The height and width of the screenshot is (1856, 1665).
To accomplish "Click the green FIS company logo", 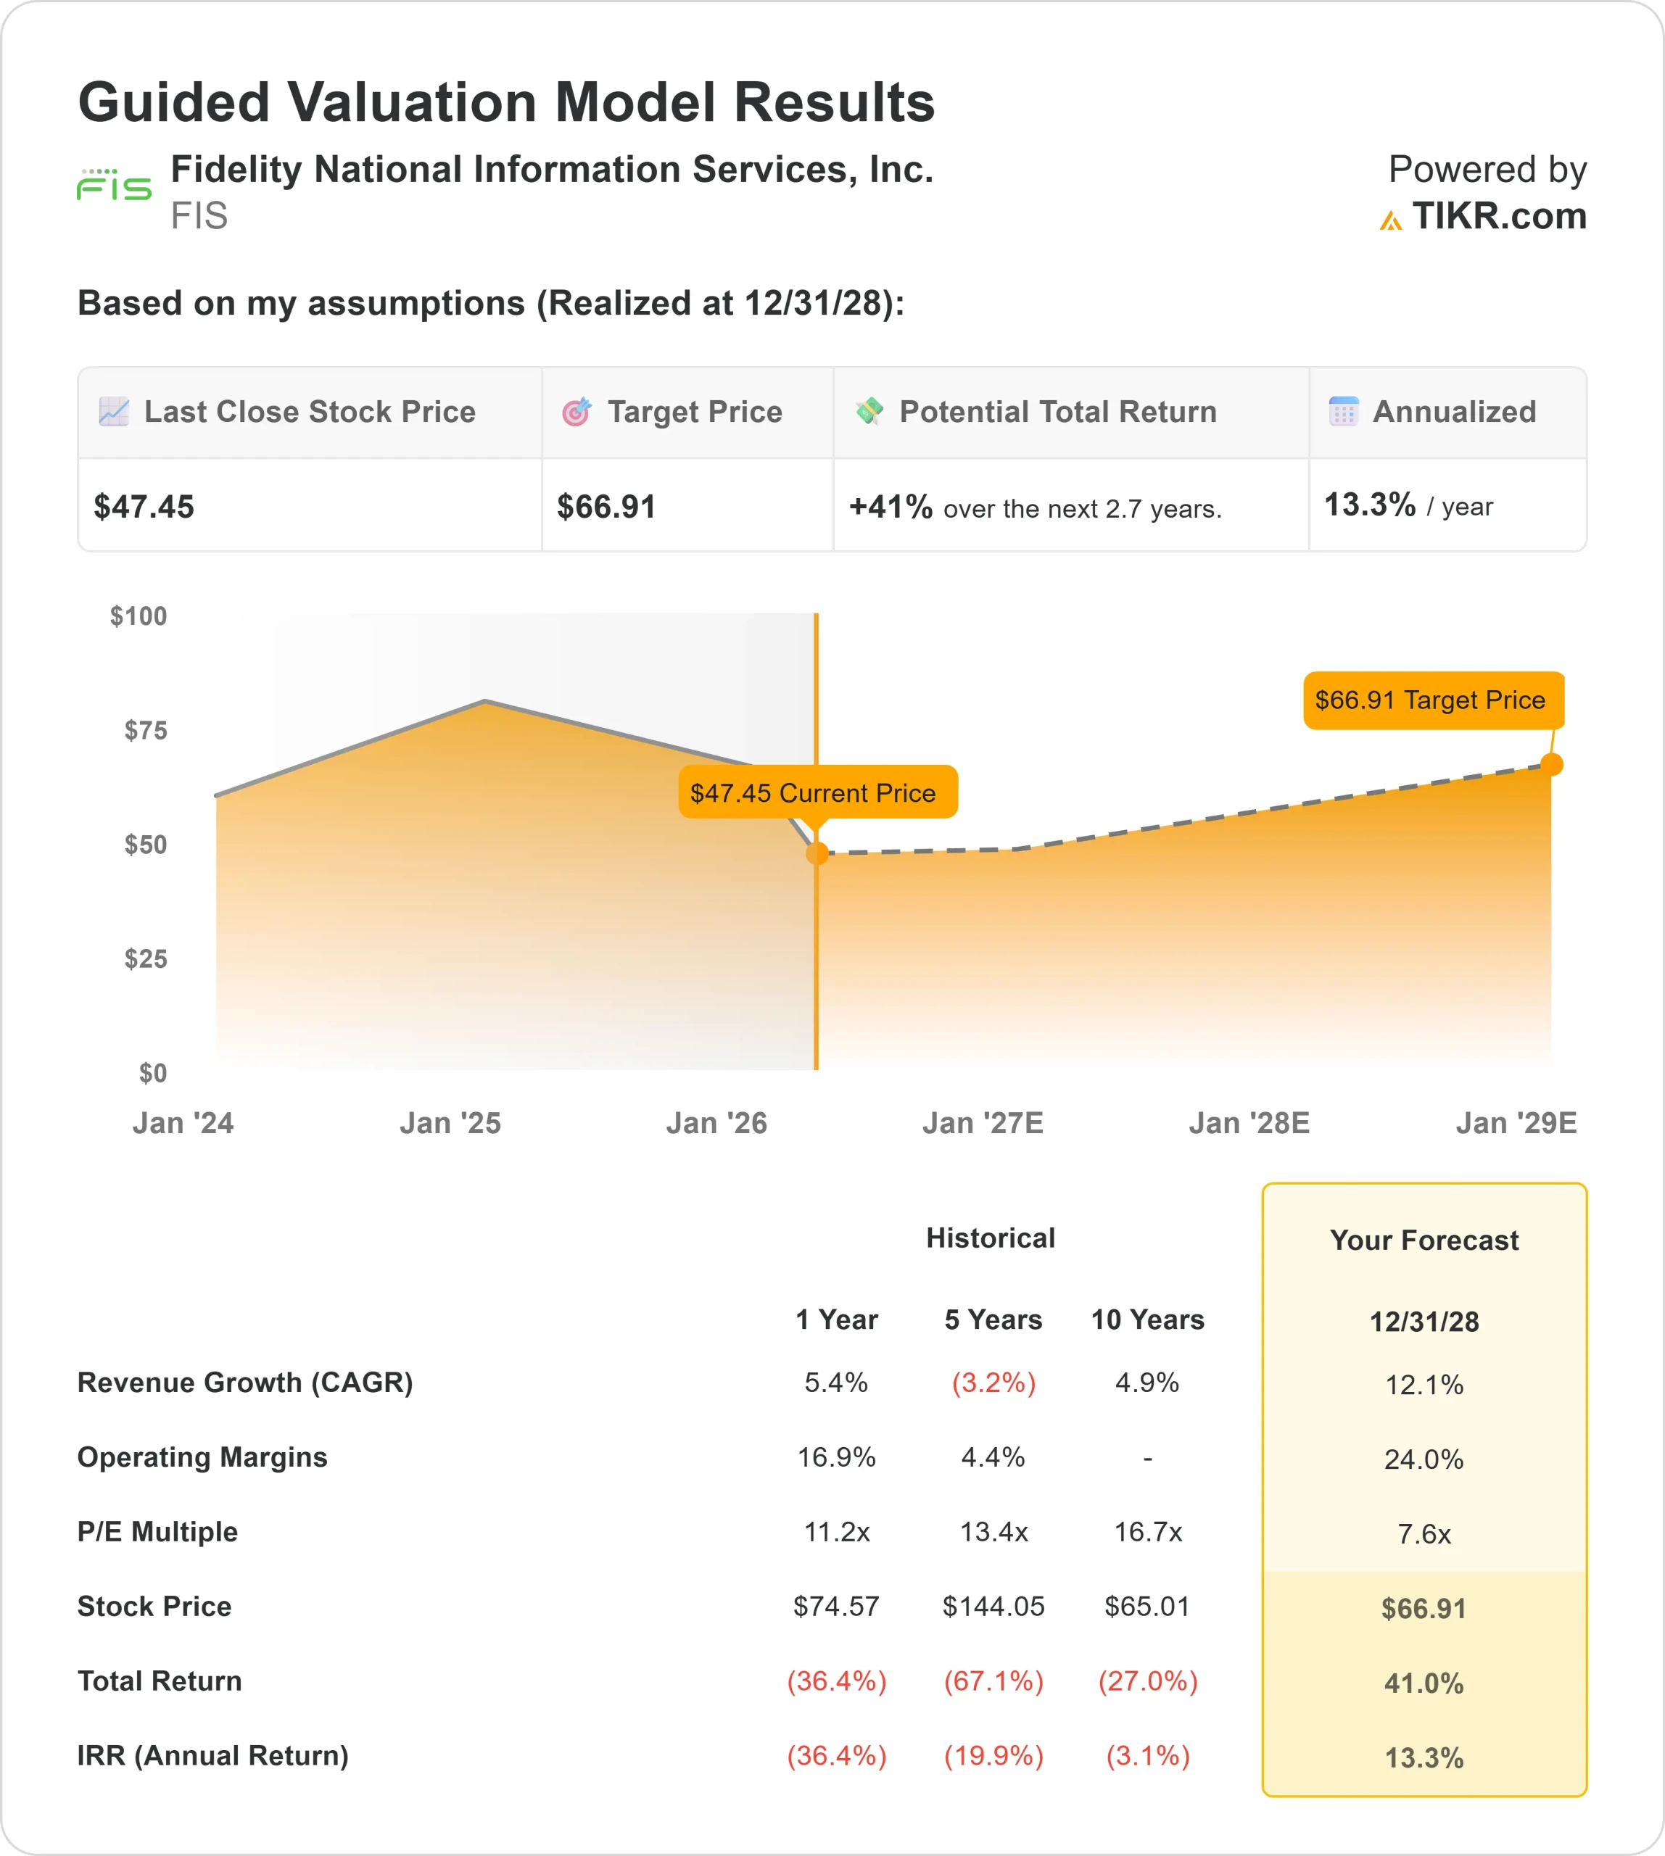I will (x=113, y=186).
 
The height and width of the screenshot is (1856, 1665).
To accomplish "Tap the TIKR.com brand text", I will (x=1497, y=217).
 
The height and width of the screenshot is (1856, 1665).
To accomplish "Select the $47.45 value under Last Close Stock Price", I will (x=144, y=507).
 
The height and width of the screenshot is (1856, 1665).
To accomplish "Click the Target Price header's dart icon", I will (x=577, y=413).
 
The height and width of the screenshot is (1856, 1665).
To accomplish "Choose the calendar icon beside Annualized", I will (x=1343, y=412).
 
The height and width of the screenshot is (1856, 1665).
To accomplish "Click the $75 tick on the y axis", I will (x=146, y=730).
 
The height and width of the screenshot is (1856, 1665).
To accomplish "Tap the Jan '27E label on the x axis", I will (x=983, y=1122).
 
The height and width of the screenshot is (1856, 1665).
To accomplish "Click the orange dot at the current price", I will (x=817, y=853).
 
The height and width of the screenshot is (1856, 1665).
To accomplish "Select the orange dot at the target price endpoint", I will (x=1552, y=764).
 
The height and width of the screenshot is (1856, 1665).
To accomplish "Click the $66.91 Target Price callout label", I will (x=1433, y=700).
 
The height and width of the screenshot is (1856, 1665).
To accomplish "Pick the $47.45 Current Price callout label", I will (x=817, y=792).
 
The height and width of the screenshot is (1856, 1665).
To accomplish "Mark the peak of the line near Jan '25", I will (x=485, y=702).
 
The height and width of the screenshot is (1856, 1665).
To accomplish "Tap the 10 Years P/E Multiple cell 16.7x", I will (x=1147, y=1531).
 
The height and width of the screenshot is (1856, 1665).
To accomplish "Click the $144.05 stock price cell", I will (x=993, y=1607).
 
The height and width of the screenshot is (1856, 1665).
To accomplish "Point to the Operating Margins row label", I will (x=202, y=1457).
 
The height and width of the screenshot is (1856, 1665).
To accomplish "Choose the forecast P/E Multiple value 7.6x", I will (x=1424, y=1534).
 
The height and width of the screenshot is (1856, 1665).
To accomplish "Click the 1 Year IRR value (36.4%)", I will (x=836, y=1755).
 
